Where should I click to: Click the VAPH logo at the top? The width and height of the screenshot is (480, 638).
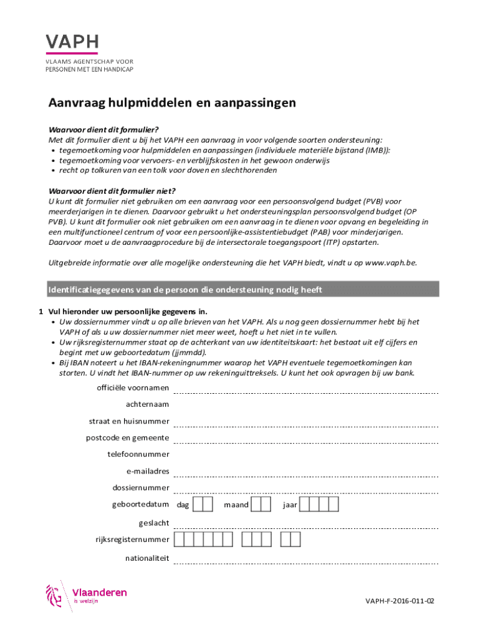coord(72,42)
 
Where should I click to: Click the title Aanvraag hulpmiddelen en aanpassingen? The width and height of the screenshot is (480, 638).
coord(172,103)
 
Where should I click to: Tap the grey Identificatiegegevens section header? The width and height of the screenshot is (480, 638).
coord(243,290)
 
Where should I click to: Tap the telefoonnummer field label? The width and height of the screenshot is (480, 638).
coord(138,454)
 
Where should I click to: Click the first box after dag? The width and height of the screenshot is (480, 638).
coord(198,504)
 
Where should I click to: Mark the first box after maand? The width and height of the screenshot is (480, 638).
coord(260,504)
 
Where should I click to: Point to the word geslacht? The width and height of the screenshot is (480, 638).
coord(153,523)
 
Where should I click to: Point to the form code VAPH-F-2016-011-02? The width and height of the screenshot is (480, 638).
coord(400,601)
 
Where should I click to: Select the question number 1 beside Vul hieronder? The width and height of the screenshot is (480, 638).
coord(41,312)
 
